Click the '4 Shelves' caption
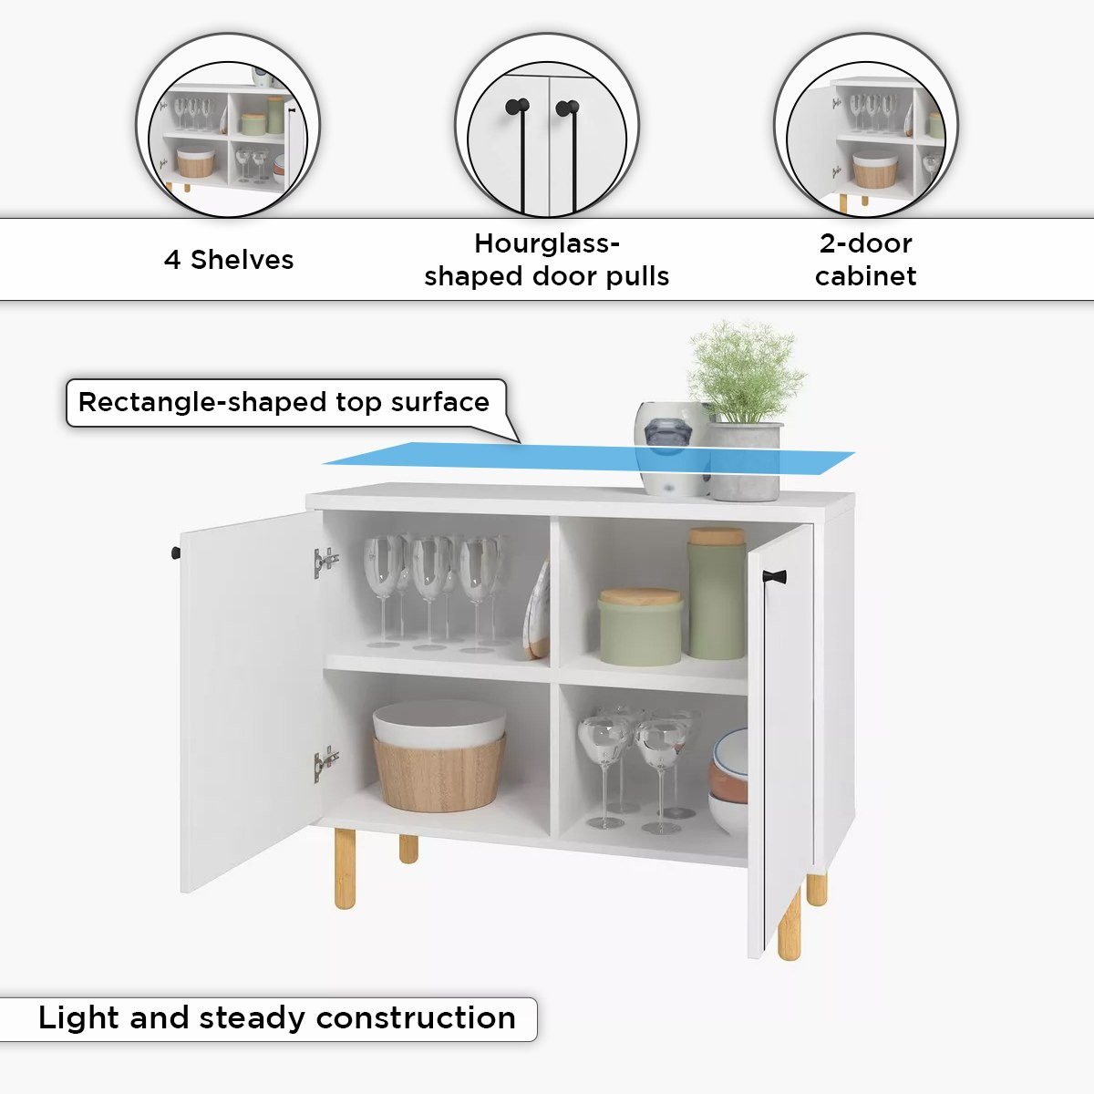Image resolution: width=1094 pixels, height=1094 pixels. [229, 260]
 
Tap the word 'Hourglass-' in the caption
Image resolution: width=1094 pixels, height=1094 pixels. [547, 243]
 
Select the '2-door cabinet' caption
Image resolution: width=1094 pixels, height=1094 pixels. [865, 260]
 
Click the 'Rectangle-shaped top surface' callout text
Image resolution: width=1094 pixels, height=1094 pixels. [284, 402]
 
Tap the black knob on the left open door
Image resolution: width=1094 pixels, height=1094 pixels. [175, 552]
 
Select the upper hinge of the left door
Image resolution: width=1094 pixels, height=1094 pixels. [325, 562]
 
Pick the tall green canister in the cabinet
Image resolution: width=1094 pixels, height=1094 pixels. [717, 593]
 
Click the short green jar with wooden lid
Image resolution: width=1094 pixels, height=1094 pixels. [640, 626]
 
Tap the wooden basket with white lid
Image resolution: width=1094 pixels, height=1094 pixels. [439, 755]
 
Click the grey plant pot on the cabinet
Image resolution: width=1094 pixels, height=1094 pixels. [745, 461]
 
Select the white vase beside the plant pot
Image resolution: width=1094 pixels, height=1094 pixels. [671, 449]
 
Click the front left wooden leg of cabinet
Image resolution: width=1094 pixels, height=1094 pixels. [345, 868]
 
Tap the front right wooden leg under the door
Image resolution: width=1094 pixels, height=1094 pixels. [790, 924]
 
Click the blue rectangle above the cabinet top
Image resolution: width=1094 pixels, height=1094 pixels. [589, 458]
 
